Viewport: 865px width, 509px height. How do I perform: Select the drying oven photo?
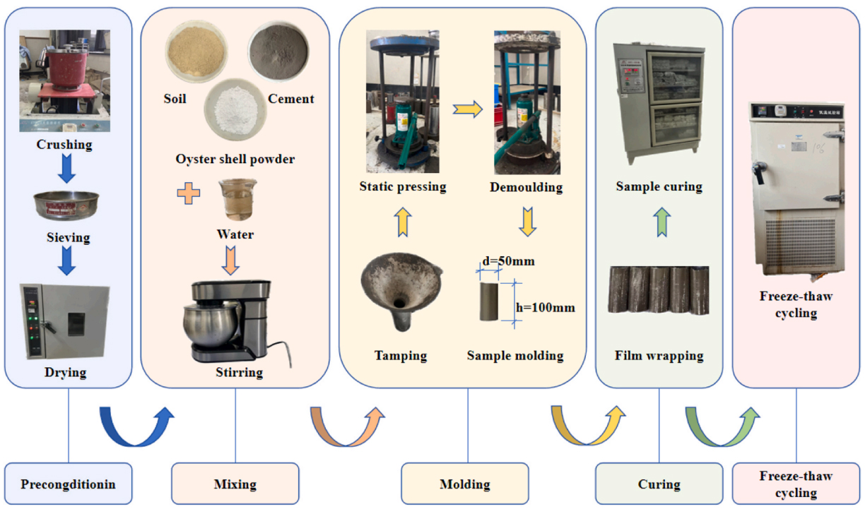(65, 321)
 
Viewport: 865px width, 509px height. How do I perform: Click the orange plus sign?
(189, 192)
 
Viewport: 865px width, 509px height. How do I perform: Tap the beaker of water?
(234, 199)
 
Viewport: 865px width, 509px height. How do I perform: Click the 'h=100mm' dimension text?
(544, 307)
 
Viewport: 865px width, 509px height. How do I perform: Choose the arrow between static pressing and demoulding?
(467, 109)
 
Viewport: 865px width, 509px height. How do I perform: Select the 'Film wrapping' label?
(659, 355)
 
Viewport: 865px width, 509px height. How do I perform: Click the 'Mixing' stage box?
(235, 484)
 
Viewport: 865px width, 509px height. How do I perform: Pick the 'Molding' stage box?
(464, 484)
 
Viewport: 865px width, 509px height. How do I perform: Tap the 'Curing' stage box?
(659, 484)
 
